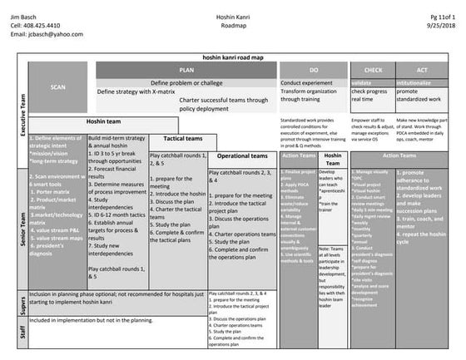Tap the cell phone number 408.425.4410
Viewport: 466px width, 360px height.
pos(35,26)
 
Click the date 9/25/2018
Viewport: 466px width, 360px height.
pos(441,26)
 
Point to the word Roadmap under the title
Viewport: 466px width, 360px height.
pos(235,26)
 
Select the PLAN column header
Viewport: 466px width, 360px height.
pos(186,71)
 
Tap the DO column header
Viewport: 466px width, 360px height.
pos(314,71)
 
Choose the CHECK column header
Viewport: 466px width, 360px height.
pos(374,71)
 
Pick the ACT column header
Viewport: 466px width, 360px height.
pos(423,71)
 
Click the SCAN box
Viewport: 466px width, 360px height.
pos(57,86)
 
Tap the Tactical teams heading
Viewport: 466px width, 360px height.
pos(182,139)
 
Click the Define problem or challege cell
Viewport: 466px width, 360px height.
pos(186,83)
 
